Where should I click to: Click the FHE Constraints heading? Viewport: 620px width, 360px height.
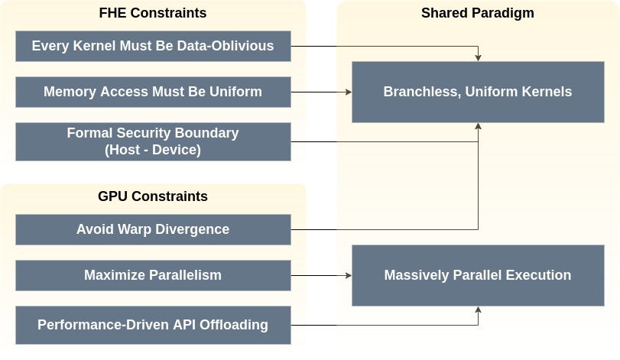153,13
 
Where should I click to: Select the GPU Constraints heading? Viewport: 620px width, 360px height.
153,196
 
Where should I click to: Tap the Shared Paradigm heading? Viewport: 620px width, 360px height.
478,13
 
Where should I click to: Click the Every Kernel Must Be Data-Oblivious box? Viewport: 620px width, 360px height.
153,46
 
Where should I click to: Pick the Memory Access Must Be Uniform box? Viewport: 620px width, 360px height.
153,92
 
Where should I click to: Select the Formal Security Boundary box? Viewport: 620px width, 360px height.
153,141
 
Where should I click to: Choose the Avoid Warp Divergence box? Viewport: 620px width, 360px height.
153,229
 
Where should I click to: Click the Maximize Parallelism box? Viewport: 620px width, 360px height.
153,275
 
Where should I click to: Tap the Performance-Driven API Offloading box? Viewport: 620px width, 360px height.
153,325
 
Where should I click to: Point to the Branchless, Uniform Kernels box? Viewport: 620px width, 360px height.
478,92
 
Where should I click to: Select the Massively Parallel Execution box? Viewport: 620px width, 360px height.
478,275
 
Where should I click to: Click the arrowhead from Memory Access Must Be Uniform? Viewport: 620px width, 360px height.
349,92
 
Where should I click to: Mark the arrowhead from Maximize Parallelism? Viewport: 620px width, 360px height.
349,275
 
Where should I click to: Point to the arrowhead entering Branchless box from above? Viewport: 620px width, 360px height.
478,58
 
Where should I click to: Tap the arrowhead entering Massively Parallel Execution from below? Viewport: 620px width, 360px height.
478,310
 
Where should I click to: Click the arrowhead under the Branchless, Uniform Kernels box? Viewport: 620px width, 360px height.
478,126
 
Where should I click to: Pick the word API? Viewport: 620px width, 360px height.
185,325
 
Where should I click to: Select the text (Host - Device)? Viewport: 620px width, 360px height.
153,150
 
